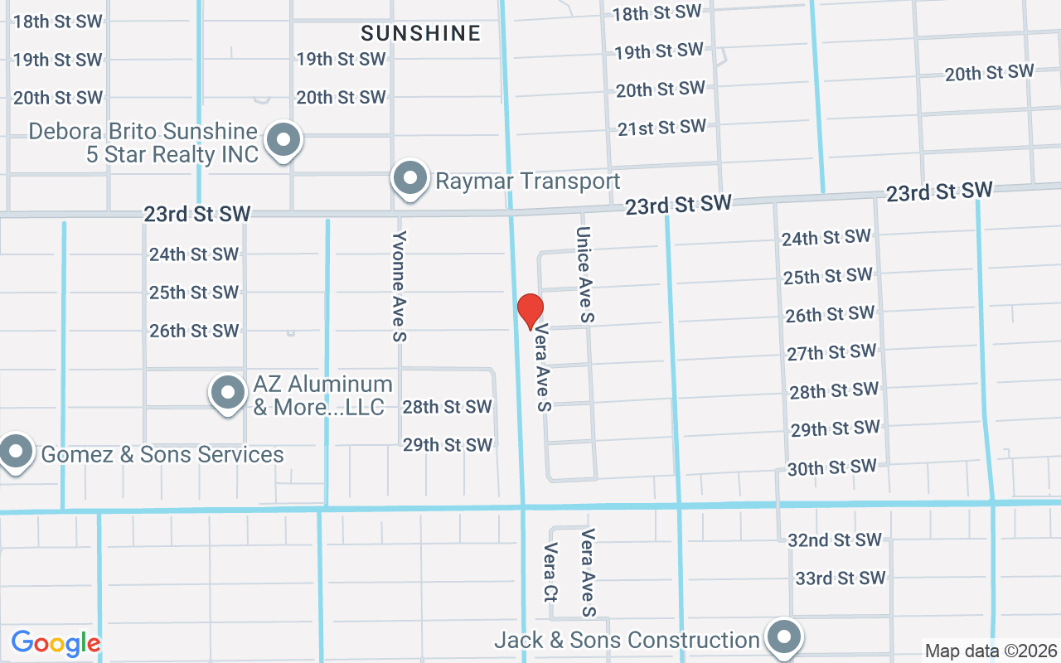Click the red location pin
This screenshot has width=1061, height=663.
(530, 311)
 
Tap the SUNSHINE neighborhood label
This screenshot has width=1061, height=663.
(421, 33)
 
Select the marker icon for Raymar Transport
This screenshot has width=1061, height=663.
(409, 178)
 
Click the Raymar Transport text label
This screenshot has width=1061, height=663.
(528, 181)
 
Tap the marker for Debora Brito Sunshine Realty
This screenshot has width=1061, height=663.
(284, 140)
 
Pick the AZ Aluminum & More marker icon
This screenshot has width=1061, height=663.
(228, 394)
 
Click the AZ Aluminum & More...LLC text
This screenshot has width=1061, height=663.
(322, 395)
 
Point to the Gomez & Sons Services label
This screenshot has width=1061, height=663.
(162, 454)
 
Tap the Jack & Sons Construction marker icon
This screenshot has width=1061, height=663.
(783, 637)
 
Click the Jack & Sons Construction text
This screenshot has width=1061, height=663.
(627, 640)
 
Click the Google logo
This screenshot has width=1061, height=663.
(56, 643)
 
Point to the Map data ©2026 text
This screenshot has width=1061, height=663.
(991, 651)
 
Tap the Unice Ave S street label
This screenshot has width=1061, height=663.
(585, 274)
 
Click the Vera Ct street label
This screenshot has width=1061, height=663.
(550, 572)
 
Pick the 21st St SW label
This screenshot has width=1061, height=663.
(661, 128)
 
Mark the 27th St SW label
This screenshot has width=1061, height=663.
(831, 352)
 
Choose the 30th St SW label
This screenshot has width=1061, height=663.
(831, 467)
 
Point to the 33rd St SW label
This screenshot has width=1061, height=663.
(841, 578)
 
